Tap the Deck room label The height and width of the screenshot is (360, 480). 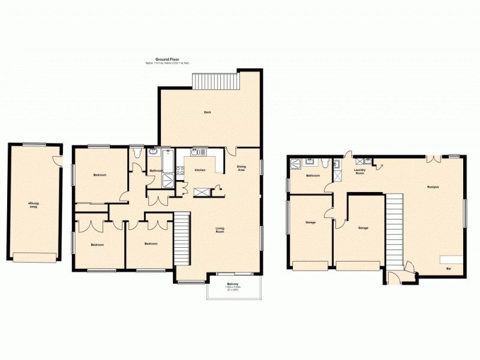pos(207,112)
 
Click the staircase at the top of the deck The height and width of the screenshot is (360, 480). pos(215,81)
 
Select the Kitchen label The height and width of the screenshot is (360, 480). pos(200,170)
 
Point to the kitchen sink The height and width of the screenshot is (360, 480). pos(196,152)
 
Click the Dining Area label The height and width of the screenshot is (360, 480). pos(241,169)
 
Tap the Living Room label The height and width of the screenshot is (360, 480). pos(220,229)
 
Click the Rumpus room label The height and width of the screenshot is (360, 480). pos(433,188)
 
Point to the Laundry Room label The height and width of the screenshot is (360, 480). pos(360,172)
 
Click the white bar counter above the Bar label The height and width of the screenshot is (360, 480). pos(452,259)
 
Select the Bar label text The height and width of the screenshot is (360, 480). pos(448,269)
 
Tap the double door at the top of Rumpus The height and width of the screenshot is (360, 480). pos(431,160)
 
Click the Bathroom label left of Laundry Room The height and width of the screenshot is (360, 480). pos(313,176)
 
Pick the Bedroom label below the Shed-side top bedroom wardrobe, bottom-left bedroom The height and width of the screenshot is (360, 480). pos(97,244)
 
